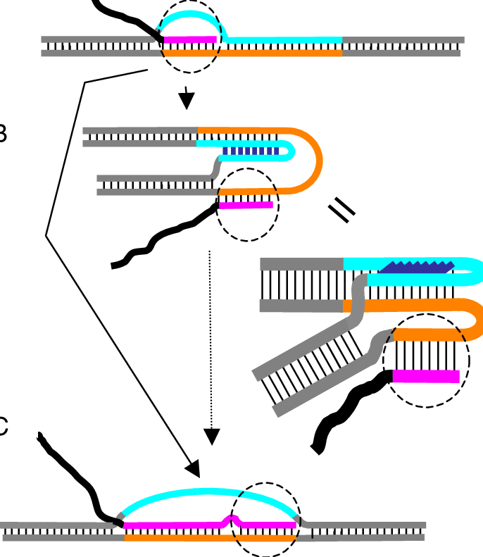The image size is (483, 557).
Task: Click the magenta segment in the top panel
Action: click(x=190, y=39)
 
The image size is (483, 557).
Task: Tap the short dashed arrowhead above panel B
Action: click(x=186, y=101)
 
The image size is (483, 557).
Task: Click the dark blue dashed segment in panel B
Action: click(x=251, y=151)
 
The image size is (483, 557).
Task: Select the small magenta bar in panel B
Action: click(x=245, y=206)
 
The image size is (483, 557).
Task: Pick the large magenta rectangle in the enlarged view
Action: click(x=426, y=376)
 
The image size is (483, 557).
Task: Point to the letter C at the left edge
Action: click(x=3, y=427)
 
